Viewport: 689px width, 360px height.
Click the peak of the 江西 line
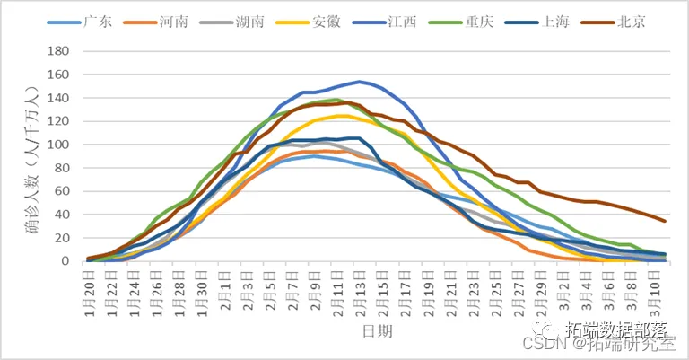[x=360, y=82]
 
